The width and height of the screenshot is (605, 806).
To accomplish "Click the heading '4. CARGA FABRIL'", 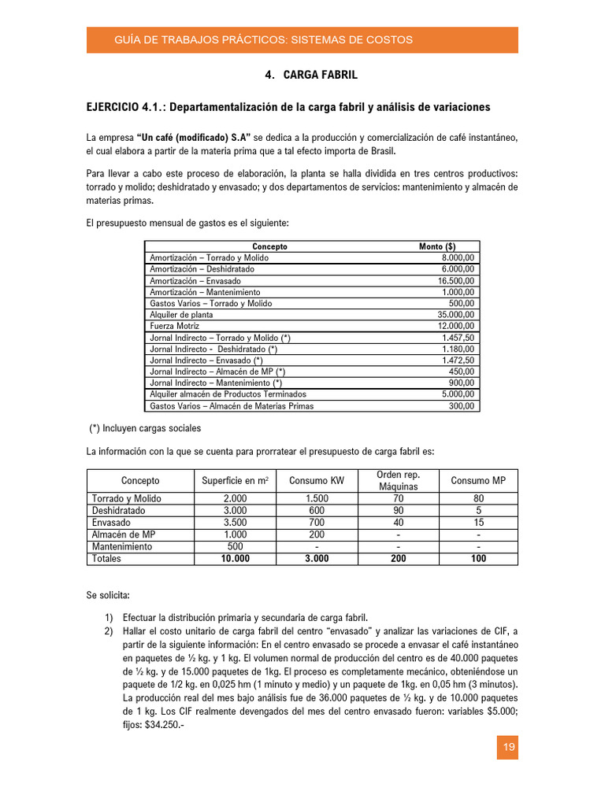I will coord(311,75).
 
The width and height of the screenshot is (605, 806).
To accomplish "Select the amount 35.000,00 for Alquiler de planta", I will coord(456,314).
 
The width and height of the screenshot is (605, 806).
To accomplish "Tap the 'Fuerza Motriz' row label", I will coord(175,326).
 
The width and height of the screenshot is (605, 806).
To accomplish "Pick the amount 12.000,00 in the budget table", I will coord(456,326).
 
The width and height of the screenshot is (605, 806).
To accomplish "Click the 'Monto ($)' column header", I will coord(437,246).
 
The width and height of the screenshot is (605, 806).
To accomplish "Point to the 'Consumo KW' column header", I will coord(316,481).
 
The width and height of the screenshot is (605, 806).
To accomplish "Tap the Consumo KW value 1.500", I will coord(316,498).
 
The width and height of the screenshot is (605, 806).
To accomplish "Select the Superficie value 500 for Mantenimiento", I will coord(234,546).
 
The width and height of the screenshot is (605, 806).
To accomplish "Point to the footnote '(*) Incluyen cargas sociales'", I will coord(145,428).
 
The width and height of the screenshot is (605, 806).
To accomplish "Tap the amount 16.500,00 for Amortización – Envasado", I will coord(456,280).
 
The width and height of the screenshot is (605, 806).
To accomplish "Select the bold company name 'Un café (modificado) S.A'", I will coord(193,138).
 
